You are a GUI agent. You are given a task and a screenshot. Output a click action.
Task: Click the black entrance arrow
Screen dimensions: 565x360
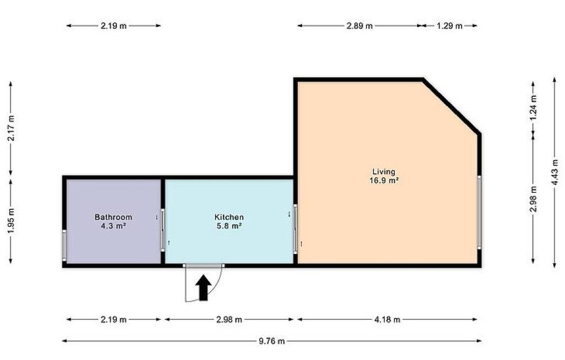click(204, 288)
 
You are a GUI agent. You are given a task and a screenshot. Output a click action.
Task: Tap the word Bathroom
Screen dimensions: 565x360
click(113, 217)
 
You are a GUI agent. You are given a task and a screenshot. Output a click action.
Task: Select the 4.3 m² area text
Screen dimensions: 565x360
click(114, 226)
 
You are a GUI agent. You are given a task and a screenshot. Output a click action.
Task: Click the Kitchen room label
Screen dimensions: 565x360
click(229, 217)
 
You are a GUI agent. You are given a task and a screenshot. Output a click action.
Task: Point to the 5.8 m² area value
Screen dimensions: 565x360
click(229, 226)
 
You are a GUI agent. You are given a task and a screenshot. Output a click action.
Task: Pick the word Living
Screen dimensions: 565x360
click(384, 172)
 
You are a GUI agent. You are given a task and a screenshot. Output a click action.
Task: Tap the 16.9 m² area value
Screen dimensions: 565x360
click(384, 181)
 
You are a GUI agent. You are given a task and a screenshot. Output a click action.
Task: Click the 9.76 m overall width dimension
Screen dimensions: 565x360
click(271, 341)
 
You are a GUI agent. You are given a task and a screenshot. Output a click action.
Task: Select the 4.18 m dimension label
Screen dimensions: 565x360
click(387, 320)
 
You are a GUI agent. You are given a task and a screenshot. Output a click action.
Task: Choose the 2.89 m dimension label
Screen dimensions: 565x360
click(359, 26)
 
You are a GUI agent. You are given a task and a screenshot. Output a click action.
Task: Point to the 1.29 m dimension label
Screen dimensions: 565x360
click(449, 26)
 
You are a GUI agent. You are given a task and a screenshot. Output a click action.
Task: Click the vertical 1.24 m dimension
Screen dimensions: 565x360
click(534, 108)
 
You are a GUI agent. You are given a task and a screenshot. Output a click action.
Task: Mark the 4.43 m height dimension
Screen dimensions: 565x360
click(555, 172)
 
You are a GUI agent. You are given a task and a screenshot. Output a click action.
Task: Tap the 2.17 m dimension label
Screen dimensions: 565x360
click(11, 129)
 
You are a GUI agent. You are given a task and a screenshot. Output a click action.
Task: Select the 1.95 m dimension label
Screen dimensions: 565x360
click(11, 221)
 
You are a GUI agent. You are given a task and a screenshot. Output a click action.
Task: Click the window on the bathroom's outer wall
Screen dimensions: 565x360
click(65, 245)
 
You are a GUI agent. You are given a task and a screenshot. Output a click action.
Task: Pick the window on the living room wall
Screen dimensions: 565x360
click(479, 211)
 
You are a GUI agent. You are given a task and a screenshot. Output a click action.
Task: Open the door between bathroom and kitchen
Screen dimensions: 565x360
click(163, 230)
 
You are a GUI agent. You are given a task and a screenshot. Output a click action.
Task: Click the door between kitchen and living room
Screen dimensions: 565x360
click(296, 229)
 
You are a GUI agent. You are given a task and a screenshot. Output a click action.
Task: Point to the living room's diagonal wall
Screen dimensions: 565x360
click(451, 105)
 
